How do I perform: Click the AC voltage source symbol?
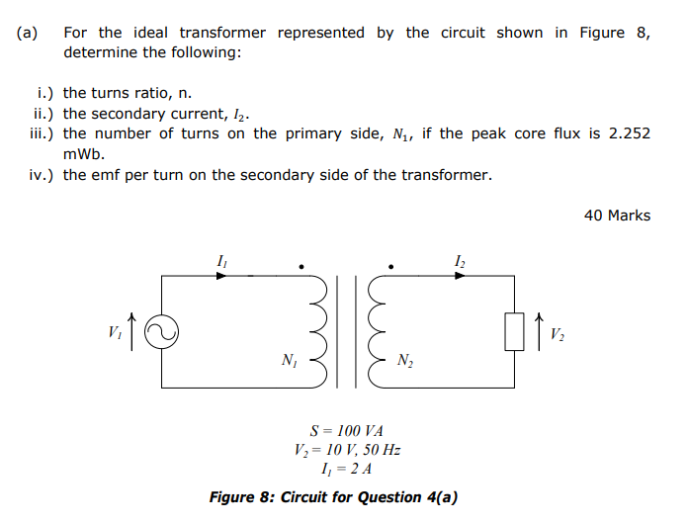coord(160,332)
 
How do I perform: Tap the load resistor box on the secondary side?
coord(514,332)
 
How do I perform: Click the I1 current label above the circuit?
coord(220,260)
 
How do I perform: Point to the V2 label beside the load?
coord(559,333)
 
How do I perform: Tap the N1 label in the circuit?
coord(289,361)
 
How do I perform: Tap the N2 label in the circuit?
coord(406,361)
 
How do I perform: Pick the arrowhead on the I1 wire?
coord(221,276)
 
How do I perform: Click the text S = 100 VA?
coord(346,431)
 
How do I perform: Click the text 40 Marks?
coord(617,215)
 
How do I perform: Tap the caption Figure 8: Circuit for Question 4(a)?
coord(333,496)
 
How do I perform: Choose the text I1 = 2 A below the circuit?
coord(346,470)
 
